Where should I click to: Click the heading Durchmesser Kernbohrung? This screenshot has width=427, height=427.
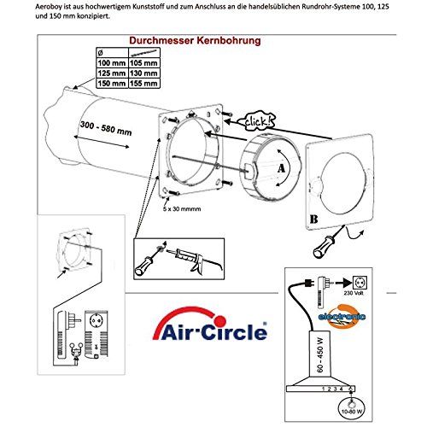point(194,39)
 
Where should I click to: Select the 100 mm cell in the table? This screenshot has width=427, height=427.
point(108,63)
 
